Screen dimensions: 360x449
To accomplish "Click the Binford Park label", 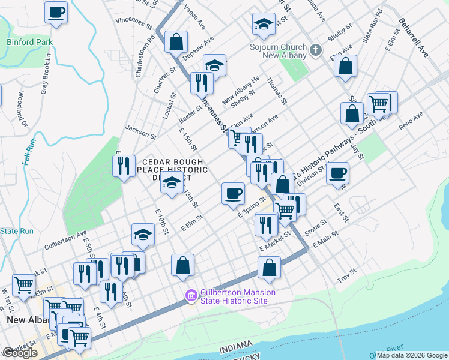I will click(x=29, y=42).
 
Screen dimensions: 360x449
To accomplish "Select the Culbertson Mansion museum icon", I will click(x=191, y=296).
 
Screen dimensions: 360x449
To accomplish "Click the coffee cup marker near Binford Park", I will click(x=56, y=13).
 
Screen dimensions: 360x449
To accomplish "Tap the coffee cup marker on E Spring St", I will click(x=233, y=193).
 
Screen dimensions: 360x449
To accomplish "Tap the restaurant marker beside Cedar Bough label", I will click(x=124, y=166).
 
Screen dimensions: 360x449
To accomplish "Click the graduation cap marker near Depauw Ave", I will click(x=214, y=65).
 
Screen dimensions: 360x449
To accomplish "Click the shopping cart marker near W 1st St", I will click(x=24, y=286).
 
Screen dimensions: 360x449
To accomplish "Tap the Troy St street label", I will click(x=346, y=277).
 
